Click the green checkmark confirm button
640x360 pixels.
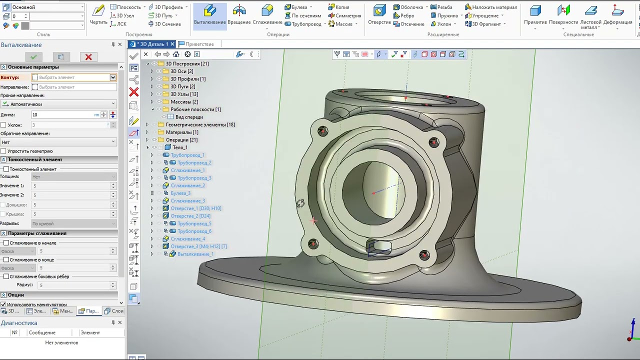point(33,57)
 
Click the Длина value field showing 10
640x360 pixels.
point(62,115)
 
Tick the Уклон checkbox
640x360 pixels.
point(3,125)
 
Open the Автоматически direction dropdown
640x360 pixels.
point(58,104)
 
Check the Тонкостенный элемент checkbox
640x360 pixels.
point(6,169)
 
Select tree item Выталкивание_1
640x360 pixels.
point(195,254)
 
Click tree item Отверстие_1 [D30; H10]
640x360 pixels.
point(195,208)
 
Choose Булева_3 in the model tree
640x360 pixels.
point(180,193)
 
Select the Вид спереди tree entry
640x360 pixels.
point(189,117)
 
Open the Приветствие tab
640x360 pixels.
point(199,44)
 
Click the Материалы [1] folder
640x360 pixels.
point(181,132)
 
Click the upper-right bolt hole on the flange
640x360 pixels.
point(433,142)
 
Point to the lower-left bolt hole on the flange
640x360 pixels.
point(313,243)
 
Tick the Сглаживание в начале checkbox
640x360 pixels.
point(6,243)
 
